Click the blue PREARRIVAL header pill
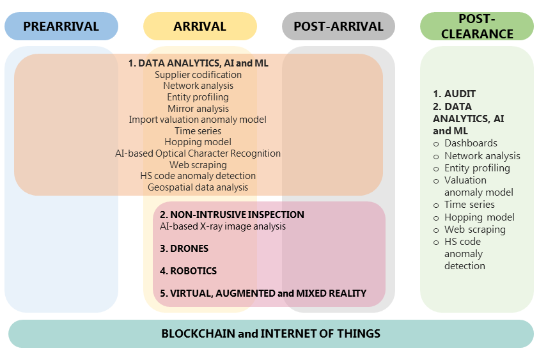click(x=61, y=26)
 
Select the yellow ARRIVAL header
click(x=199, y=26)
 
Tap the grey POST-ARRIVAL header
click(x=338, y=26)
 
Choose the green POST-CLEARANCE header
click(x=477, y=26)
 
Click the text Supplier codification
click(x=198, y=75)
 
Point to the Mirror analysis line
click(x=198, y=109)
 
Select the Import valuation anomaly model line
click(x=198, y=120)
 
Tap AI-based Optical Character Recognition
click(x=198, y=153)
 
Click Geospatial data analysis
click(x=198, y=187)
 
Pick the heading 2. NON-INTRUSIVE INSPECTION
click(x=232, y=215)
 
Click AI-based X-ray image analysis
click(x=223, y=226)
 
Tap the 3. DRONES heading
click(x=184, y=249)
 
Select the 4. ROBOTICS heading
click(x=189, y=271)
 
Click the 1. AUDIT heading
click(x=455, y=94)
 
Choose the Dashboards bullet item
click(x=471, y=143)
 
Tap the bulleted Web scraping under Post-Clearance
click(x=475, y=230)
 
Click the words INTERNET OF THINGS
click(x=320, y=334)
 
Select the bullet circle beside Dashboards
click(x=436, y=144)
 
